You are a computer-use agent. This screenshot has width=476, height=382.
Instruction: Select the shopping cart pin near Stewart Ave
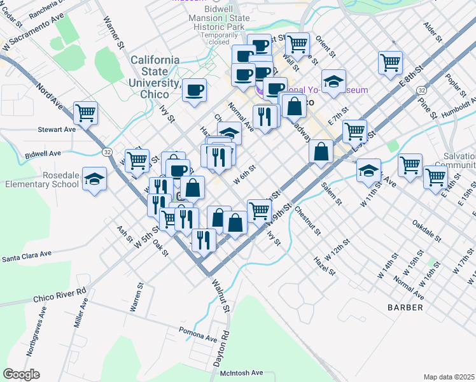(85, 113)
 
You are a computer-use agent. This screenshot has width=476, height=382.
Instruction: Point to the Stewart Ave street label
(57, 129)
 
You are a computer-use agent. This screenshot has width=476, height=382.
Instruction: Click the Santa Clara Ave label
(26, 256)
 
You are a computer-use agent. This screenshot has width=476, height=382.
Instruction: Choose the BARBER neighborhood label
(405, 308)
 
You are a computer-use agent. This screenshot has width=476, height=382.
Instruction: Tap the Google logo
(21, 374)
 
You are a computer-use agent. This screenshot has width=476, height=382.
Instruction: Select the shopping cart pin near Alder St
(391, 62)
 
